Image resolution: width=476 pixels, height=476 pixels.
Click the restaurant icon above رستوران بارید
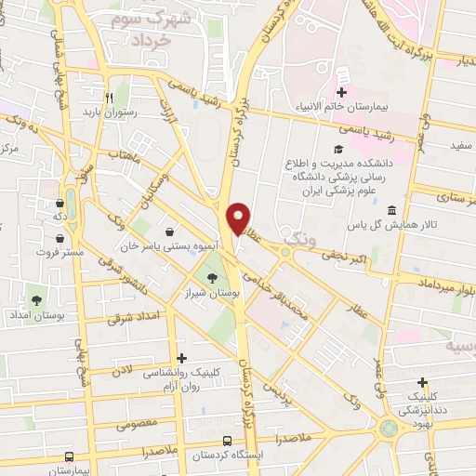point(109,96)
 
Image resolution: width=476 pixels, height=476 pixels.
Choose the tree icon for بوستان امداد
point(36,299)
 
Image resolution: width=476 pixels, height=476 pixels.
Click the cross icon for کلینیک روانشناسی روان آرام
point(181,358)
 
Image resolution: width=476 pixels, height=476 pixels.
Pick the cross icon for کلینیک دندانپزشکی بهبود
point(423,381)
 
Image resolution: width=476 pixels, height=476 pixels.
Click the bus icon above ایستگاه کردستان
point(228,441)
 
